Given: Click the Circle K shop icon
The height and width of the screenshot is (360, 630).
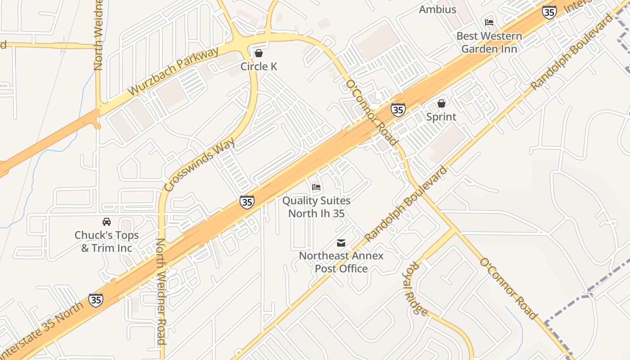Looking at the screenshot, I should [259, 54].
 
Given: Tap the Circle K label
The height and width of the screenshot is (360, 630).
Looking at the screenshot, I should [259, 67].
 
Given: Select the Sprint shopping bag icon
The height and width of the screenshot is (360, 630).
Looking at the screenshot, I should [441, 103].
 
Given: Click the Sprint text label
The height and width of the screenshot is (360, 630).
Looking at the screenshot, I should [441, 117].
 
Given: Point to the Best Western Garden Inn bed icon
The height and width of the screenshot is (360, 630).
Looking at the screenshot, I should [489, 22].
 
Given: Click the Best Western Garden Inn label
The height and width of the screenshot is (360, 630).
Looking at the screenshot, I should [489, 42].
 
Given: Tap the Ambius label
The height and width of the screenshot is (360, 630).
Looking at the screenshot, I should [437, 9].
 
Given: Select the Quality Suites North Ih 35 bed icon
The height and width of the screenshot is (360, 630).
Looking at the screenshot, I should [316, 187].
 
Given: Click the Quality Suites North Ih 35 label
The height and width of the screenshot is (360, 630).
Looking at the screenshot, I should [316, 207].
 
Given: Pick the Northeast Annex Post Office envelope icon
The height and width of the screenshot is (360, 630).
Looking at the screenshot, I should [341, 243].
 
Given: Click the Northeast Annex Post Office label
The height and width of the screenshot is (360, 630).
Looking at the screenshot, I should [341, 262].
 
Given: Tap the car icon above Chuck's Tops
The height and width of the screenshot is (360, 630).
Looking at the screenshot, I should [107, 222].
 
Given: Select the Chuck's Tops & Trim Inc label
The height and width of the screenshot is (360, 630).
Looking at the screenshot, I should [107, 242].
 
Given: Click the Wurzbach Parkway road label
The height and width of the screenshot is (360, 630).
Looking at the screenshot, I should [173, 71].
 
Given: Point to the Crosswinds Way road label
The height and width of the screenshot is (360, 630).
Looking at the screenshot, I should [200, 165].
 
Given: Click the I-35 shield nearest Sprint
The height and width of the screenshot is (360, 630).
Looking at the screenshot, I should [398, 110].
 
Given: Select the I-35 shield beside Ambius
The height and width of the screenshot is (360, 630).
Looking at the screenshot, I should [549, 12].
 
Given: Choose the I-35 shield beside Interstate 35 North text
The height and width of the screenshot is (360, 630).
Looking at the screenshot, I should [95, 300].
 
